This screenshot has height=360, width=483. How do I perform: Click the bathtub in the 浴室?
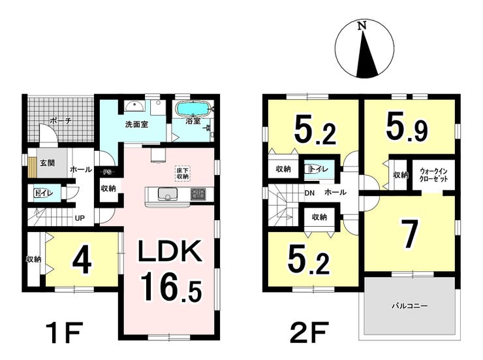pyautogui.click(x=193, y=108)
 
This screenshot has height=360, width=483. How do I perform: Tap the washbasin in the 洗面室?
pyautogui.click(x=135, y=106)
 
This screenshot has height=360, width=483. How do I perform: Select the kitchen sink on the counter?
pyautogui.click(x=167, y=194)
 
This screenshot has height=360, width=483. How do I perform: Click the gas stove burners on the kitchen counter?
pyautogui.click(x=197, y=194)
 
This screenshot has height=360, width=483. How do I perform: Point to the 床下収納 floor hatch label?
pyautogui.click(x=183, y=174)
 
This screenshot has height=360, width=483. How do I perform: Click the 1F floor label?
pyautogui.click(x=65, y=333)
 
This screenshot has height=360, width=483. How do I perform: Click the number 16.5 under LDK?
pyautogui.click(x=171, y=287)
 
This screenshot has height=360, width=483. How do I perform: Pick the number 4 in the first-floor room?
pyautogui.click(x=82, y=261)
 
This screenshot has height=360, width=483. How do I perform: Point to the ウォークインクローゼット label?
pyautogui.click(x=433, y=175)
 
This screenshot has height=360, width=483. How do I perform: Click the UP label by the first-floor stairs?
pyautogui.click(x=80, y=218)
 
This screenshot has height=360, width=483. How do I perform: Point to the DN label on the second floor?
pyautogui.click(x=309, y=193)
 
